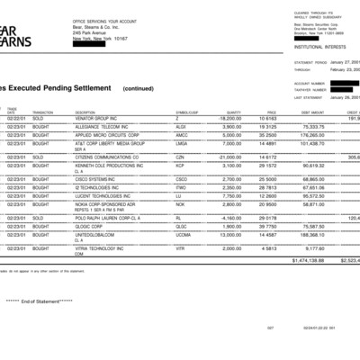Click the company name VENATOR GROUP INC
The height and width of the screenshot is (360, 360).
pyautogui.click(x=99, y=118)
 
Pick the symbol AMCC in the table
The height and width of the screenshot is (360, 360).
pyautogui.click(x=179, y=137)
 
